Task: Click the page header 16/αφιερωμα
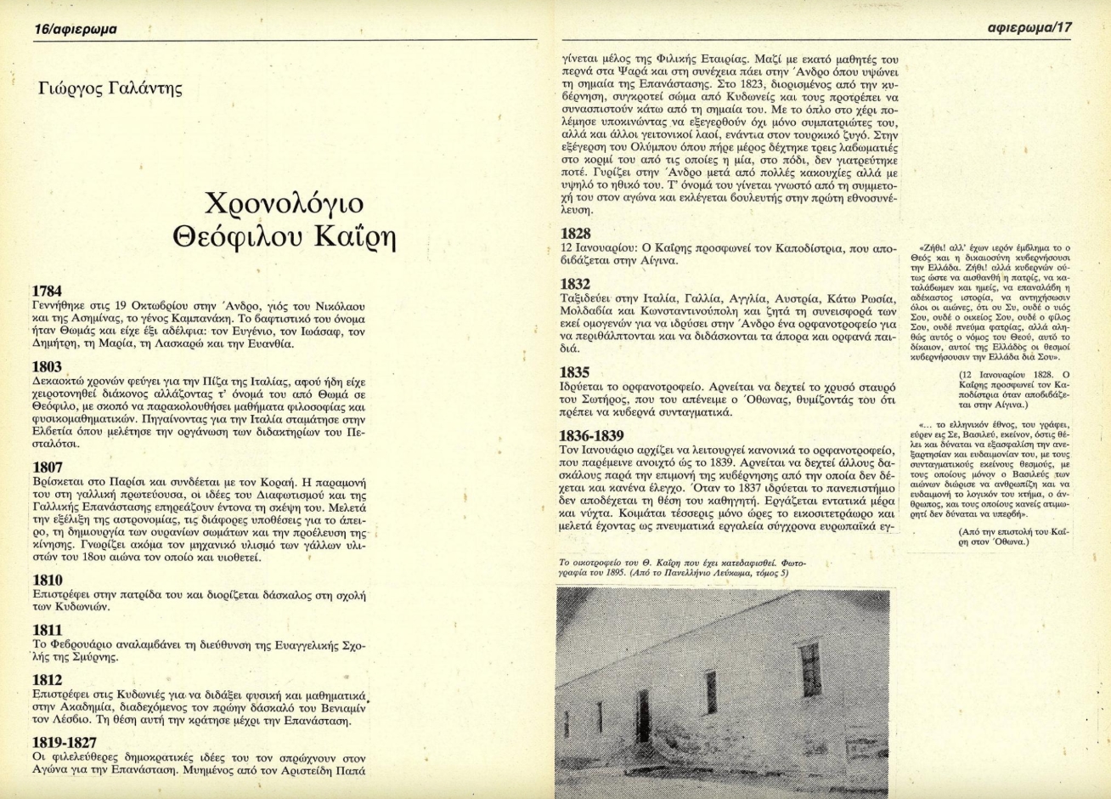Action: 76,30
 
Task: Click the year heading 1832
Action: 577,284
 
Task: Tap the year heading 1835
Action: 577,371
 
